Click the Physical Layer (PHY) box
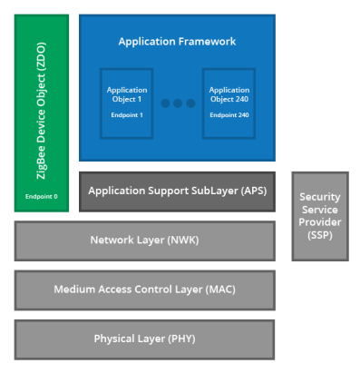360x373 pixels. click(x=144, y=339)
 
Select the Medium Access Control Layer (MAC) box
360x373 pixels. click(x=144, y=290)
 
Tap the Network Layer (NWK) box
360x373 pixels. click(x=144, y=240)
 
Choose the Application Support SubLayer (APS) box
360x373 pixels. click(x=177, y=191)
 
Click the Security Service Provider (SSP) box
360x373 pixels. click(x=319, y=216)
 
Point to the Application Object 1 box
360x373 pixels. click(x=126, y=101)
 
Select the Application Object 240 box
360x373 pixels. click(x=229, y=101)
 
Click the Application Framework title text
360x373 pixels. click(x=177, y=42)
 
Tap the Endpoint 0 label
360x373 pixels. click(x=41, y=196)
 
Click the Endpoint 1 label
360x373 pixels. click(x=126, y=115)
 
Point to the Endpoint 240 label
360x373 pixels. click(x=229, y=115)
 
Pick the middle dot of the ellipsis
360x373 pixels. click(x=178, y=103)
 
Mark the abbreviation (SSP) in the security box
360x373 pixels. click(x=319, y=235)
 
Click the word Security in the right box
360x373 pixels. click(x=319, y=197)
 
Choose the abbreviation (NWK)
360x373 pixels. click(x=183, y=240)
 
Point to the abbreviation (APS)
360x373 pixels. click(x=251, y=191)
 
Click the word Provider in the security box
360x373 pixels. click(x=319, y=222)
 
